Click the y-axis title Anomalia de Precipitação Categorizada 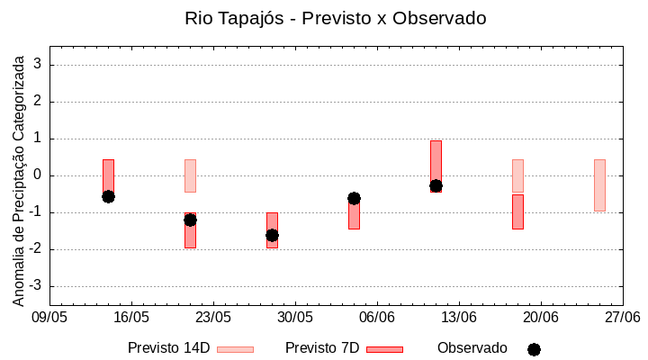[x=19, y=175]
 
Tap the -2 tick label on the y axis [x=37, y=249]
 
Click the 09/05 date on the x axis [x=49, y=318]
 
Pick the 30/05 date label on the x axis [x=295, y=318]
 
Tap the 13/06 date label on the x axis [x=459, y=318]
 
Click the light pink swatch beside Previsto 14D [x=235, y=349]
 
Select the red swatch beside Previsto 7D [x=384, y=349]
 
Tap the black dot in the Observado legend [x=534, y=349]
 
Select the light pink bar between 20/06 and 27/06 [x=599, y=184]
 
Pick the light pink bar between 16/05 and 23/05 [x=190, y=175]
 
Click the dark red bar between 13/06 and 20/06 [x=517, y=211]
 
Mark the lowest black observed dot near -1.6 [x=272, y=235]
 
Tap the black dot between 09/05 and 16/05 [x=108, y=196]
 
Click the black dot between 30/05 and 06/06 [x=354, y=198]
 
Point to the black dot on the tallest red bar [x=436, y=185]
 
